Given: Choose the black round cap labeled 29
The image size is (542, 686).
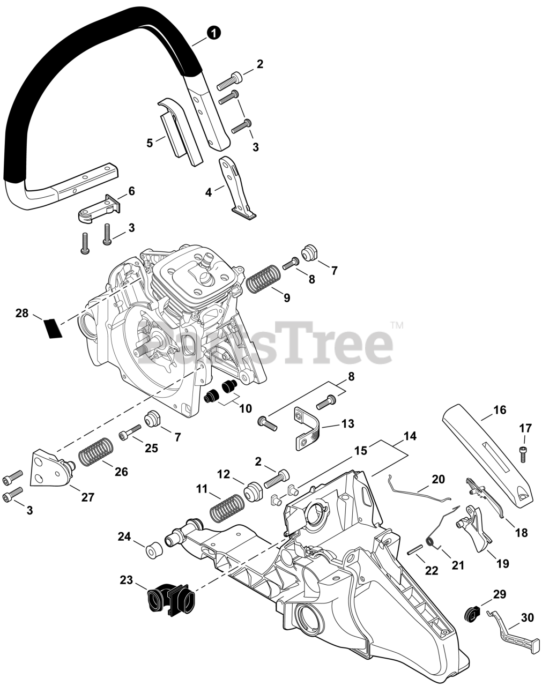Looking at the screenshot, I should [472, 613].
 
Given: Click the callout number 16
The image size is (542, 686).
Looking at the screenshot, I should [499, 411].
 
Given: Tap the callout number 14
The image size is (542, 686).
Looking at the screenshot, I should [410, 436].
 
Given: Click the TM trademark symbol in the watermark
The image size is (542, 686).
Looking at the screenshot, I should [397, 325].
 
